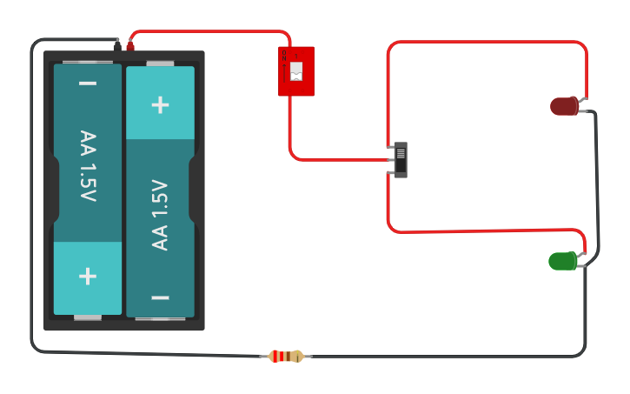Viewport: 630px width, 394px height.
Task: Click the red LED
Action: (564, 106)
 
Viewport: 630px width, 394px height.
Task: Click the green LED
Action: (562, 261)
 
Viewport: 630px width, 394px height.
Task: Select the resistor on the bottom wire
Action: (286, 356)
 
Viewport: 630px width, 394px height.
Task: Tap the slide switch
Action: (401, 160)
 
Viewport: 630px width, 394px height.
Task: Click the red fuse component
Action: (296, 71)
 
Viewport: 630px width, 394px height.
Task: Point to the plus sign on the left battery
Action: (88, 277)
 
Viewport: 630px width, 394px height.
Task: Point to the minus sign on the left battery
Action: (88, 83)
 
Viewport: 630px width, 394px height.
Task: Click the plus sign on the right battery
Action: (160, 104)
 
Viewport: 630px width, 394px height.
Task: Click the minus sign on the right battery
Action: (160, 297)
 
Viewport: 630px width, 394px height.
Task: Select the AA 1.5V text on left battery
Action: (88, 166)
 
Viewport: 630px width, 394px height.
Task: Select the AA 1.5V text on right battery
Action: (160, 215)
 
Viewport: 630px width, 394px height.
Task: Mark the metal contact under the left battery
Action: (88, 317)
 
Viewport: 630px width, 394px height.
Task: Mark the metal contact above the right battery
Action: (160, 63)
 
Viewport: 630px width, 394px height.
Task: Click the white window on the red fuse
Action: (296, 71)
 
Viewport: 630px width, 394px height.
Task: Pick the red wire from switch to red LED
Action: (487, 41)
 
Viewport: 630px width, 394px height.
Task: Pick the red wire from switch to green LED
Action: (487, 230)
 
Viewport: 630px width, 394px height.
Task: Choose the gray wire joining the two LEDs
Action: (597, 183)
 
